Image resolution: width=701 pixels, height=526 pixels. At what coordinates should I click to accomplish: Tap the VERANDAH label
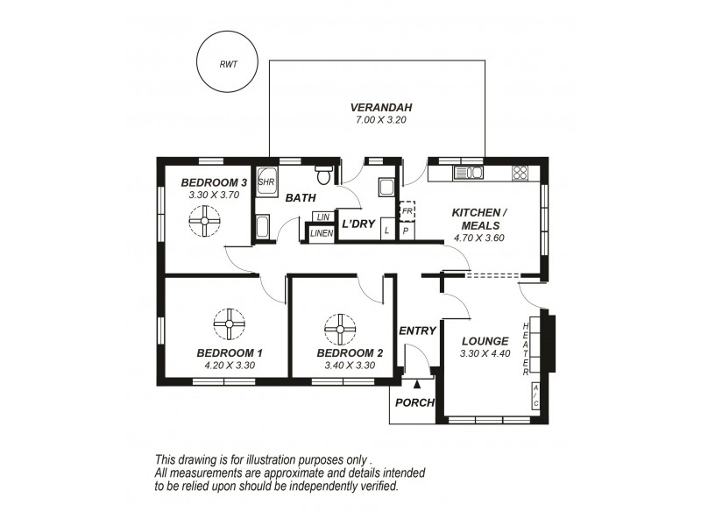pyautogui.click(x=377, y=108)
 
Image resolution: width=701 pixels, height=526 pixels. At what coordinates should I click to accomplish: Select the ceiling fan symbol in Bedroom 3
pyautogui.click(x=206, y=222)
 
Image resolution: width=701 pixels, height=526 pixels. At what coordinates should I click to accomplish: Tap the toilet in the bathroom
pyautogui.click(x=324, y=175)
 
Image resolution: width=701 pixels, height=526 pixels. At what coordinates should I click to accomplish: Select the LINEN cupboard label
pyautogui.click(x=322, y=232)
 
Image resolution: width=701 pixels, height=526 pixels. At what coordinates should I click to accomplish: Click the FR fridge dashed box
pyautogui.click(x=407, y=211)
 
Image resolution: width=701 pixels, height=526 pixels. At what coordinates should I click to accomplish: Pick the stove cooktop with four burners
pyautogui.click(x=520, y=172)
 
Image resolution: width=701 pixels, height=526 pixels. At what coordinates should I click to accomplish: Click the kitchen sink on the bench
pyautogui.click(x=468, y=172)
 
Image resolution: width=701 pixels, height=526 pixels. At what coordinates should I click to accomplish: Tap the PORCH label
pyautogui.click(x=415, y=402)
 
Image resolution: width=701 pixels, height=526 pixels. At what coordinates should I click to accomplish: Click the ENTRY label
pyautogui.click(x=417, y=331)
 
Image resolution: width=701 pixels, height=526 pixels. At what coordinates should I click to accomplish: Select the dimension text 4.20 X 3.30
pyautogui.click(x=230, y=365)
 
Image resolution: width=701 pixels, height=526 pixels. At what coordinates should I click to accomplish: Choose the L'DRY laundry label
pyautogui.click(x=358, y=224)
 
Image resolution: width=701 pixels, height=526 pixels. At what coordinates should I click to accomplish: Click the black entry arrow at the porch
pyautogui.click(x=417, y=383)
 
